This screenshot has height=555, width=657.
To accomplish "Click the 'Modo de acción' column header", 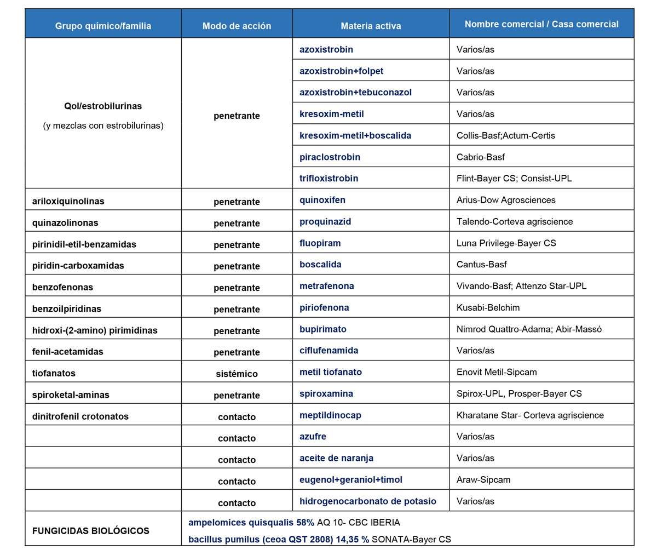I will (x=237, y=26).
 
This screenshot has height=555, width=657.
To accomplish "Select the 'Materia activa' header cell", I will (x=371, y=26).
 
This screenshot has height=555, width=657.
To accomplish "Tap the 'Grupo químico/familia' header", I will (x=103, y=26).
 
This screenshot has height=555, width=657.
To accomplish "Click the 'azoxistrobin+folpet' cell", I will (x=341, y=71).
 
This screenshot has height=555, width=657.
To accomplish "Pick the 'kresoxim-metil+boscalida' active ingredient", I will (x=355, y=135).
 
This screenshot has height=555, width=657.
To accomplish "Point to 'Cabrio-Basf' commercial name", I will (x=480, y=157).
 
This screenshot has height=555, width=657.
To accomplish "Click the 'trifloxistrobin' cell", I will (x=328, y=179).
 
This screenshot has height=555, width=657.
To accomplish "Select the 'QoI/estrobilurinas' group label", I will (x=103, y=106).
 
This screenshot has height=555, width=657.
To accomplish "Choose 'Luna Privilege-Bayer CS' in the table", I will (x=506, y=243).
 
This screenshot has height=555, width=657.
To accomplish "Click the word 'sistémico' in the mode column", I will (x=237, y=374).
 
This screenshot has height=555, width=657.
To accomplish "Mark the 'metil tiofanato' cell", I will (x=331, y=372).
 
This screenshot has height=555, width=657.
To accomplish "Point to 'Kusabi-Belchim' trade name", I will (x=488, y=308).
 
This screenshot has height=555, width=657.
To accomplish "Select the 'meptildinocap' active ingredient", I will (x=330, y=415).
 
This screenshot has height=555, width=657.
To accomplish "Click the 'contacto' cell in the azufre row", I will (x=237, y=438).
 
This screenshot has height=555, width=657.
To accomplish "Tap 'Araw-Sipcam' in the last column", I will (x=483, y=480).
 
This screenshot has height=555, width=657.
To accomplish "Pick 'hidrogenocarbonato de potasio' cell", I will (x=368, y=501).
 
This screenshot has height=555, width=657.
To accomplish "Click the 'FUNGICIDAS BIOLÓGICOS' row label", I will (x=91, y=531).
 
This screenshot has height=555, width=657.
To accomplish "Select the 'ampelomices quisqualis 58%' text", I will (x=251, y=523).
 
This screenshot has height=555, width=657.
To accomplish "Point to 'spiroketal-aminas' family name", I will (x=71, y=395).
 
